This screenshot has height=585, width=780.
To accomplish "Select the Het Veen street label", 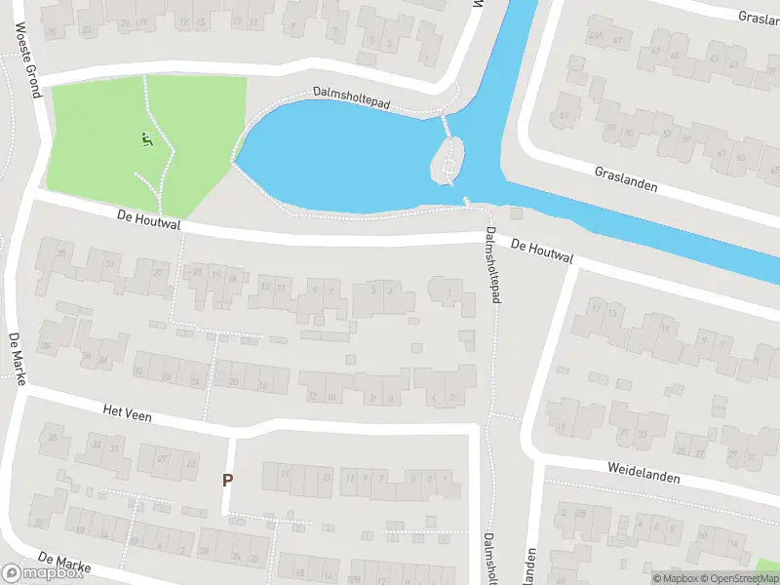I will pyautogui.click(x=124, y=413).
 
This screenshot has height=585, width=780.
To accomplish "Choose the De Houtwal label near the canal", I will pyautogui.click(x=542, y=252).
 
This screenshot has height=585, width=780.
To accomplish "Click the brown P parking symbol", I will pyautogui.click(x=227, y=480).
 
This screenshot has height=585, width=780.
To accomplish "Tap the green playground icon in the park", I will pyautogui.click(x=145, y=140).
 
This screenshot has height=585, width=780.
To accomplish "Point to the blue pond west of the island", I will pyautogui.click(x=341, y=156).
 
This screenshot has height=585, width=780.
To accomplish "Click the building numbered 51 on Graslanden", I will pyautogui.click(x=565, y=116).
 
